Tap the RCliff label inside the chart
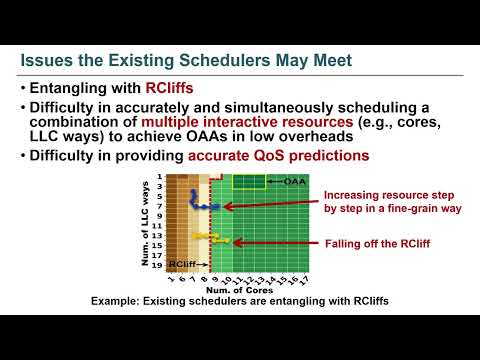[181, 263]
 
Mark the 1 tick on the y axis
[159, 177]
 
